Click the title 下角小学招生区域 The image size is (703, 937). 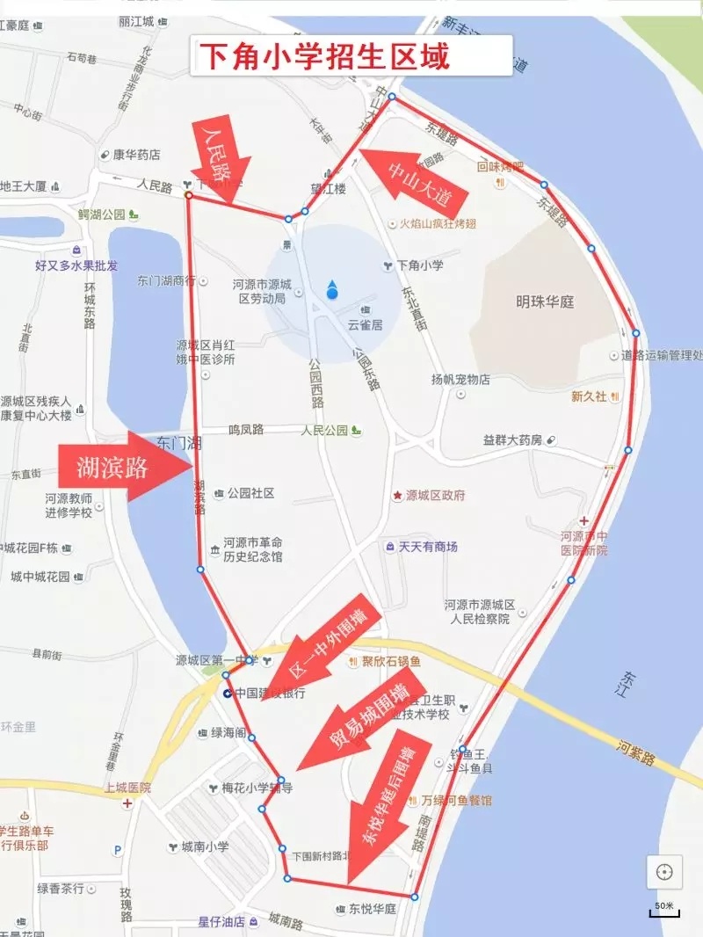point(324,57)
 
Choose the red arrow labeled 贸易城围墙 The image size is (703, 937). point(360,721)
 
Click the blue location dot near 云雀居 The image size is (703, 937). point(332,290)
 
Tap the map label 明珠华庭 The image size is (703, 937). point(545,301)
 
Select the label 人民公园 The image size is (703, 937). point(319,431)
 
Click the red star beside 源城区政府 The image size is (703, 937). point(397,496)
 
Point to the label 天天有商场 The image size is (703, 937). point(427,547)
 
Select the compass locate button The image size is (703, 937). point(664,872)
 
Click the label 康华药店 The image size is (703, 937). point(136,155)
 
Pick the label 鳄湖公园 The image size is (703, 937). point(102,214)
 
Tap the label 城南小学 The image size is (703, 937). point(205,847)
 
